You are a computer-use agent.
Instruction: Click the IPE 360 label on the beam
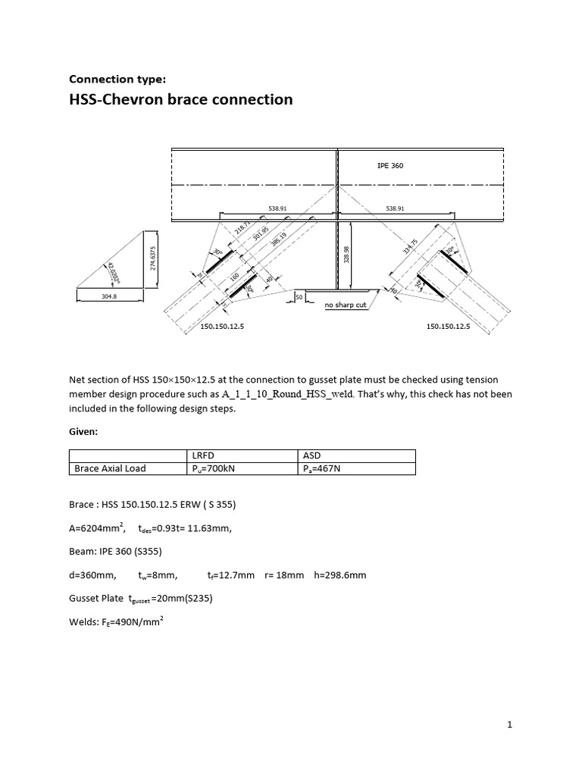[390, 165]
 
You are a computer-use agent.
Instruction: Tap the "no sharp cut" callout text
[346, 305]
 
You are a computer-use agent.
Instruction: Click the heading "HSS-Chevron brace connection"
[180, 99]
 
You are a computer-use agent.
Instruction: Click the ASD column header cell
[311, 455]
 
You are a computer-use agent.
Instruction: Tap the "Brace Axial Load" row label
[110, 468]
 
